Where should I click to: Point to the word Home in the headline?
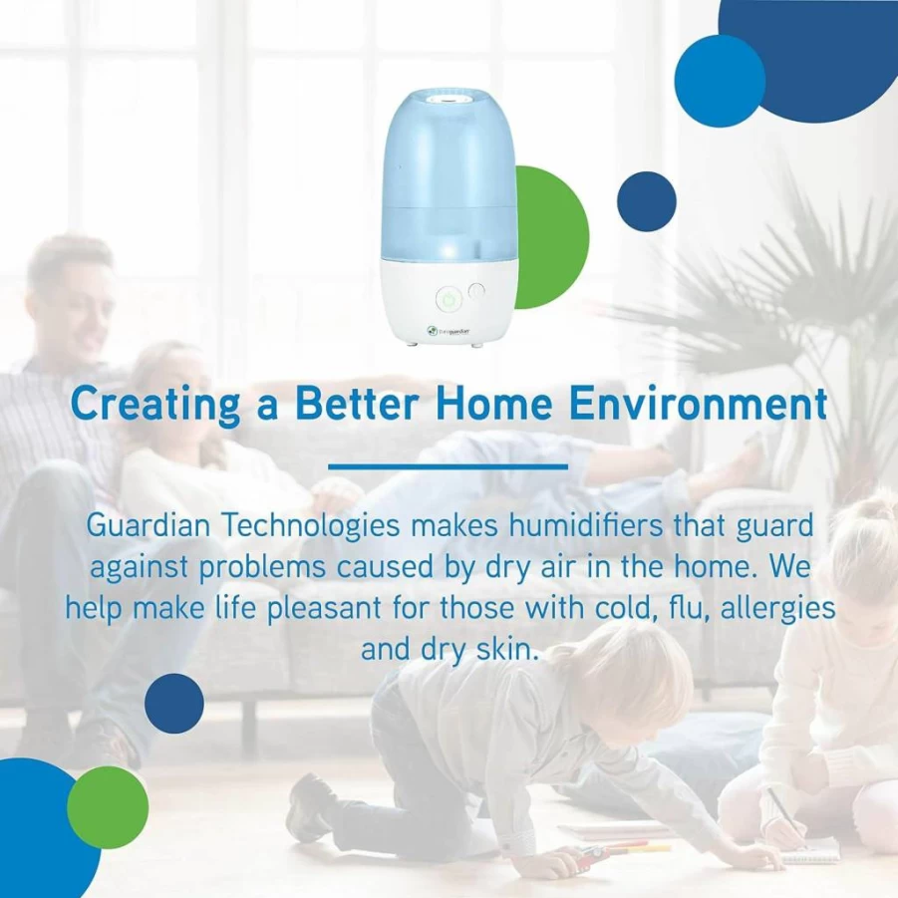coord(493,404)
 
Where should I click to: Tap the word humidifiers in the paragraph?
coord(585,525)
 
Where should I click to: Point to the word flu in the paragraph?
coord(689,608)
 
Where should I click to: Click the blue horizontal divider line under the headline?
coord(448,466)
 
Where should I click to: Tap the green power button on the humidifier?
coord(449,300)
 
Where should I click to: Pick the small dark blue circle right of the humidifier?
coord(647,201)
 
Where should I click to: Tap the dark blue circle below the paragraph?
coord(174,704)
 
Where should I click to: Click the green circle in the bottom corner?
coord(108,807)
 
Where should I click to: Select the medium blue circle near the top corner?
coord(720,81)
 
